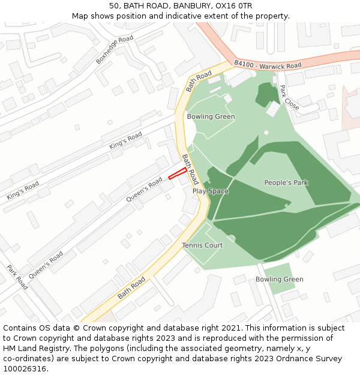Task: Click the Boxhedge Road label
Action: [114, 50]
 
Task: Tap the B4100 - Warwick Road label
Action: [268, 64]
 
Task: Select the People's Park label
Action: [286, 182]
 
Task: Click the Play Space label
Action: [210, 191]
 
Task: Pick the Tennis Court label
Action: [202, 245]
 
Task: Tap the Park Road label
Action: [17, 277]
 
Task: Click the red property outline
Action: [177, 173]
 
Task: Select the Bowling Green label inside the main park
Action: [211, 116]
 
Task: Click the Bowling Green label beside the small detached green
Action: [279, 280]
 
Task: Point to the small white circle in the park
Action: [266, 133]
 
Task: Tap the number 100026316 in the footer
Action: [23, 369]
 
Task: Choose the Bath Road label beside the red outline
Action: [190, 169]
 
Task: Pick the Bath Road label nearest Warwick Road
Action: [199, 81]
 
